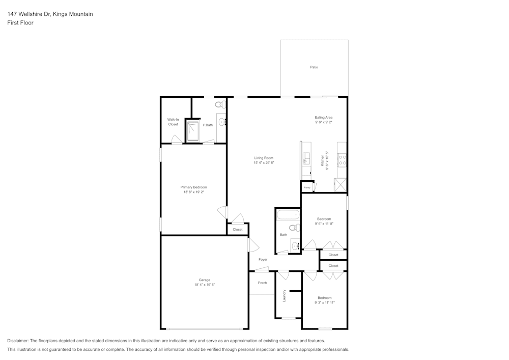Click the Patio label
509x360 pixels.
tap(314, 67)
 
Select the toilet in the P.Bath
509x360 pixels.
tap(219, 104)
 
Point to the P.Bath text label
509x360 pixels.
tap(208, 125)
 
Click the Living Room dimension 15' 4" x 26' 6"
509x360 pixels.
tap(264, 163)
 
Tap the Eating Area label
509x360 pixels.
tap(323, 118)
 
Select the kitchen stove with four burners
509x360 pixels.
tap(342, 161)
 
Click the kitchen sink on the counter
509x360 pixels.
tap(306, 158)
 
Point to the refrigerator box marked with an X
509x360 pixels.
tap(341, 184)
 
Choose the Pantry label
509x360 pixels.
tap(307, 188)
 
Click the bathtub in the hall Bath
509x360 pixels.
tap(288, 215)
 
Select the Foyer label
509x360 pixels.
tap(263, 260)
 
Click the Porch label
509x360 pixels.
tap(262, 283)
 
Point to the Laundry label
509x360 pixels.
tap(284, 295)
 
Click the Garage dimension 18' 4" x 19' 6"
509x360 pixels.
tap(204, 285)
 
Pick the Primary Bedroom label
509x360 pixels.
tap(193, 187)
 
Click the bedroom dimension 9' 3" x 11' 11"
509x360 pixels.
tap(324, 303)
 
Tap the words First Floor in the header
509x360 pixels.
tap(20, 23)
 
